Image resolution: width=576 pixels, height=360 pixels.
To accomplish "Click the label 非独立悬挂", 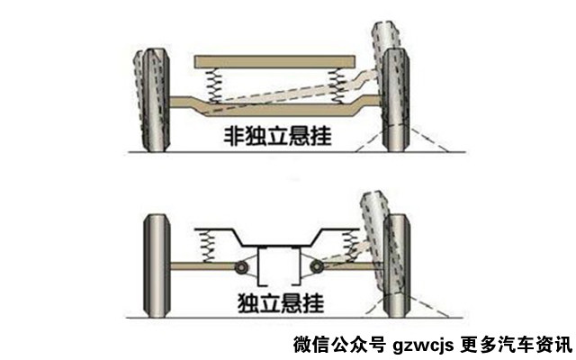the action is point(278,136).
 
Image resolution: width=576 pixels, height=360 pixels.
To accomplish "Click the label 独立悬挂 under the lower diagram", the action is point(281,303).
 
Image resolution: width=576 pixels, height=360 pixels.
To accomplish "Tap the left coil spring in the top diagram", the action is point(213,86).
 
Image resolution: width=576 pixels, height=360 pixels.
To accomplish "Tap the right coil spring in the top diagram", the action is point(337,86).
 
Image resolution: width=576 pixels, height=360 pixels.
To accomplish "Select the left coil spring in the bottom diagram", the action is point(207,246).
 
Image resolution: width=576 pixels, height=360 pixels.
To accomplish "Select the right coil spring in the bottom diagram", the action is point(350,246).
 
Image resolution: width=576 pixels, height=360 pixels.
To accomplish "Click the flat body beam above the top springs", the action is point(274,62).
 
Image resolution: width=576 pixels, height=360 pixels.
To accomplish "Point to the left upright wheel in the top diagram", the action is point(156,100).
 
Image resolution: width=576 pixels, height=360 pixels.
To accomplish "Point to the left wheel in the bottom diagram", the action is point(157,266).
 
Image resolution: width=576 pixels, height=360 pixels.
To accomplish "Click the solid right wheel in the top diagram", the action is point(396,100).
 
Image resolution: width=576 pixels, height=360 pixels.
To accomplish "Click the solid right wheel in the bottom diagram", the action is point(397,266).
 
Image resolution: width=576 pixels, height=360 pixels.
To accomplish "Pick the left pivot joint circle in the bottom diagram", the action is point(241,267).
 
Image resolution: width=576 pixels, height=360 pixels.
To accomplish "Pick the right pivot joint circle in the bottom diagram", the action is point(316,267).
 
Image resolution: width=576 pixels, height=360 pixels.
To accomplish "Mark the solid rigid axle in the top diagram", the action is point(276,106).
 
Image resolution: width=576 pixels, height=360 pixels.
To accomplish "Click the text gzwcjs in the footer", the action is point(423,346).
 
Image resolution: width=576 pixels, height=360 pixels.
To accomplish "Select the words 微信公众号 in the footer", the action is point(340,345).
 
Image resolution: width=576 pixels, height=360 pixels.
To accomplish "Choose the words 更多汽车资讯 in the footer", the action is point(516,345).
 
